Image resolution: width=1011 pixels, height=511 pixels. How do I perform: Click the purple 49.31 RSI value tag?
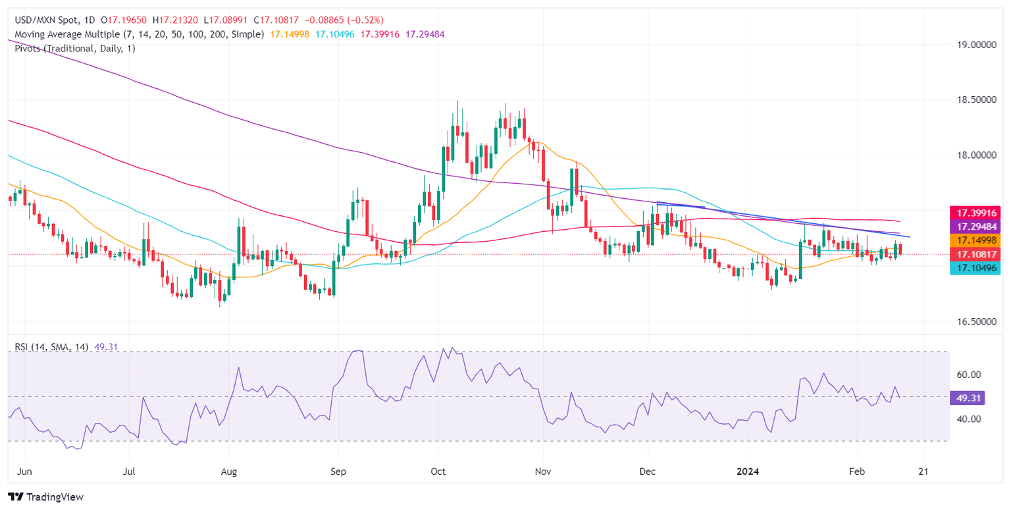click(967, 398)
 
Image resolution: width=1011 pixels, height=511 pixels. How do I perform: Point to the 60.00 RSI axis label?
click(970, 375)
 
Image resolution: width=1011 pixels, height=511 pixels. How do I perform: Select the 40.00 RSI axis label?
click(970, 419)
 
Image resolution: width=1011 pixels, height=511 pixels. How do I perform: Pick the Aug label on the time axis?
click(228, 472)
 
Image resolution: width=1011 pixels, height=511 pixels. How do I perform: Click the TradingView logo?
click(45, 497)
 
